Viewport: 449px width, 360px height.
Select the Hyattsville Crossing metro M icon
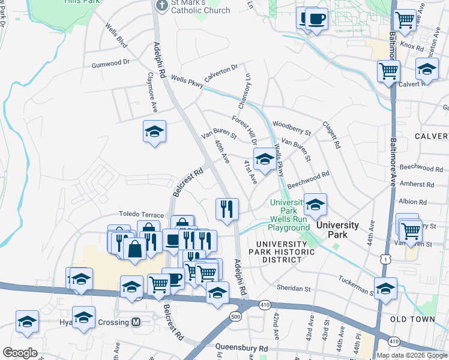click(136, 322)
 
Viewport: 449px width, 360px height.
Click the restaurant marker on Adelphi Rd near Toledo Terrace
click(227, 209)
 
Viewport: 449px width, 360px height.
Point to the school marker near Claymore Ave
click(154, 131)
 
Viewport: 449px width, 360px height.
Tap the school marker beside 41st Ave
click(264, 159)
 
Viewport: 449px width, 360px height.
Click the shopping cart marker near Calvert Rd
click(388, 71)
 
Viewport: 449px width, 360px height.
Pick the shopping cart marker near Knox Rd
click(405, 20)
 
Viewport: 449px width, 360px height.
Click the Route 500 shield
click(235, 316)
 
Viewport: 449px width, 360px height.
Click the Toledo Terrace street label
click(141, 214)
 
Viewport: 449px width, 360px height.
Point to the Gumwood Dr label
click(110, 62)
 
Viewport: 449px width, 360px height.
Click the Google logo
click(20, 353)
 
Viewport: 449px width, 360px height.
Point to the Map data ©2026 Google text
click(411, 355)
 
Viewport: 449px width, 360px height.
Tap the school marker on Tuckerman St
click(385, 288)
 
